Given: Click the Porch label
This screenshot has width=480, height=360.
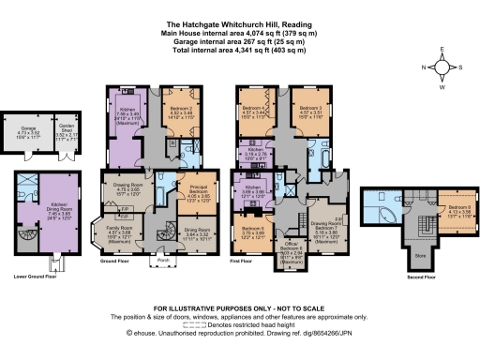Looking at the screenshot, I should tap(162, 260).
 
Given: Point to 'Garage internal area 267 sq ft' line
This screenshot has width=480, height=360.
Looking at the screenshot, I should tap(239, 41).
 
